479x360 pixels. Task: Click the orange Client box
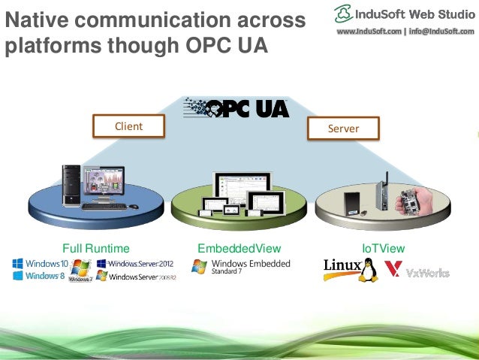point(128,126)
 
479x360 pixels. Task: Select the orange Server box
point(343,129)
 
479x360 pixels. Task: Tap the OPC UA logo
point(236,107)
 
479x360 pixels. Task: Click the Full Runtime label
point(96,248)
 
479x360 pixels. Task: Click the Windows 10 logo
point(41,264)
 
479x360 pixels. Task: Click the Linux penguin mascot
point(367,269)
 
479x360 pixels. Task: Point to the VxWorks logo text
point(427,272)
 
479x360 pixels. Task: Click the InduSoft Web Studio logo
point(405,14)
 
